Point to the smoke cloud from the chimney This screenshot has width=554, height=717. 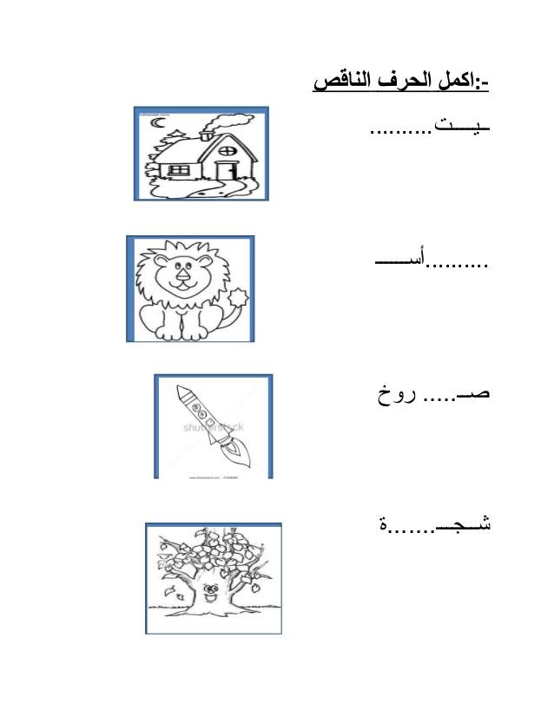point(228,122)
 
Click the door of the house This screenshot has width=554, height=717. point(226,170)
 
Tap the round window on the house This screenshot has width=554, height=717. point(227,150)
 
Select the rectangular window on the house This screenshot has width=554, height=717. point(179,170)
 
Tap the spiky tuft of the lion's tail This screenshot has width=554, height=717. point(238,298)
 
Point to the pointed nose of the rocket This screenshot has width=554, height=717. point(181,391)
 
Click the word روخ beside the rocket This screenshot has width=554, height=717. point(397,395)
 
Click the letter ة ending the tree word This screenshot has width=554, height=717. point(383,524)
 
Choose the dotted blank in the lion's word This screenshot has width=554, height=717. point(458,264)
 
